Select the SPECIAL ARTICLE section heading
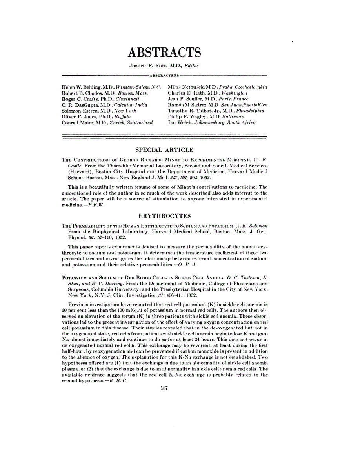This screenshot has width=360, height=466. click(164, 150)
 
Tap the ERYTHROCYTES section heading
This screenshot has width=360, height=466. click(164, 216)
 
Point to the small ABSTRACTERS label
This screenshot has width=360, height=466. click(164, 75)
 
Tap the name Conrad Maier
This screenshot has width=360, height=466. click(76, 122)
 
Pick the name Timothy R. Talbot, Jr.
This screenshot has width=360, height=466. click(193, 111)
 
